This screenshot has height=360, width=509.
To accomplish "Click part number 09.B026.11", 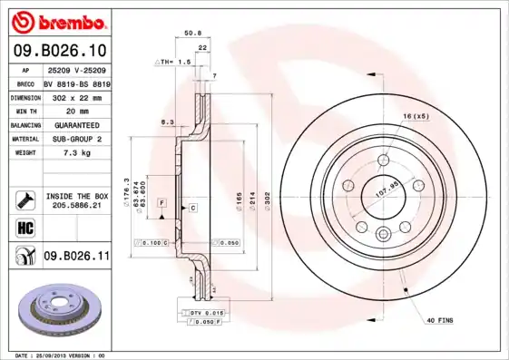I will tap(76, 257).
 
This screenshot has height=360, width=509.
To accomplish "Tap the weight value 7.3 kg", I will tap(76, 154).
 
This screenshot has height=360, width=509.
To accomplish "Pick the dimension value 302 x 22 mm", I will tap(76, 96).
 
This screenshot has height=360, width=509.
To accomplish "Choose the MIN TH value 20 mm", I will tap(76, 111).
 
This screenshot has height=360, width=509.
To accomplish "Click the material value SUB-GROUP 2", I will tap(76, 140).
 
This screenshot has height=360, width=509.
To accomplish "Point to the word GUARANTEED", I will tap(76, 125).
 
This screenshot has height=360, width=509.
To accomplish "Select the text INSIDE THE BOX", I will tap(76, 196).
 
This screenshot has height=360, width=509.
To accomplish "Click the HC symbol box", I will tap(24, 227).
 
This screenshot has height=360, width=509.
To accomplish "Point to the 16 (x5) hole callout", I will tap(415, 116).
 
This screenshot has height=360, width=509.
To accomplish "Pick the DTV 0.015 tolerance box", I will tap(206, 312).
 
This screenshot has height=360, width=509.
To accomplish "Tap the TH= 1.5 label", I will tap(173, 62).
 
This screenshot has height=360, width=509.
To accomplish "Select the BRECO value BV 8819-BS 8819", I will tap(76, 83).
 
